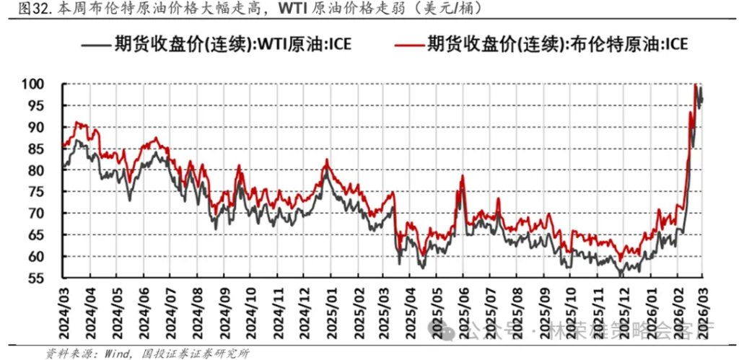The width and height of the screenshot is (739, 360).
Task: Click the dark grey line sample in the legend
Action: point(95,45)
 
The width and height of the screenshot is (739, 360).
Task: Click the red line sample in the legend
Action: point(408,45)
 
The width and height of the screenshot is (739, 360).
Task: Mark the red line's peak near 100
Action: point(695,85)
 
